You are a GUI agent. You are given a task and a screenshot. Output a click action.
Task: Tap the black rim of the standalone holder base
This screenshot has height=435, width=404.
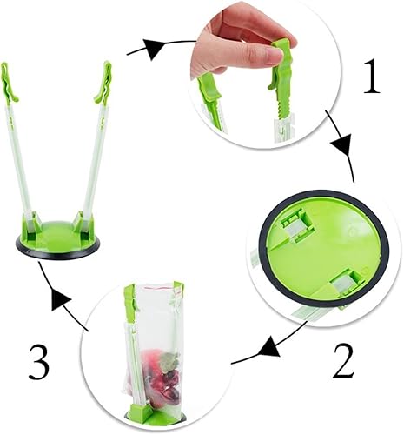pyautogui.click(x=57, y=252)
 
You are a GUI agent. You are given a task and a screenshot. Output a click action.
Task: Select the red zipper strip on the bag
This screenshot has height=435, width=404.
pyautogui.click(x=151, y=285)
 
